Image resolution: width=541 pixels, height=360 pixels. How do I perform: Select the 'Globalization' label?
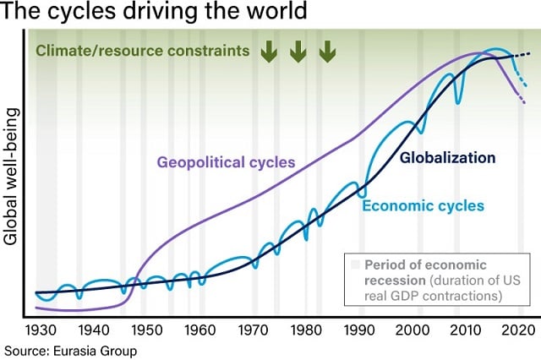[446, 157]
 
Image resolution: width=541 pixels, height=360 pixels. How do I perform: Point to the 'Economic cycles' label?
[423, 205]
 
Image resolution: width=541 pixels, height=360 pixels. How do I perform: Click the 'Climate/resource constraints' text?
[142, 51]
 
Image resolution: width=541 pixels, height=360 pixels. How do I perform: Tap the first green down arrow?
[268, 52]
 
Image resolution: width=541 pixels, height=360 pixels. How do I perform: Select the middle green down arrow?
[297, 52]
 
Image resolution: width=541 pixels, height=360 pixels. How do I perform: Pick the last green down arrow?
[325, 52]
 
